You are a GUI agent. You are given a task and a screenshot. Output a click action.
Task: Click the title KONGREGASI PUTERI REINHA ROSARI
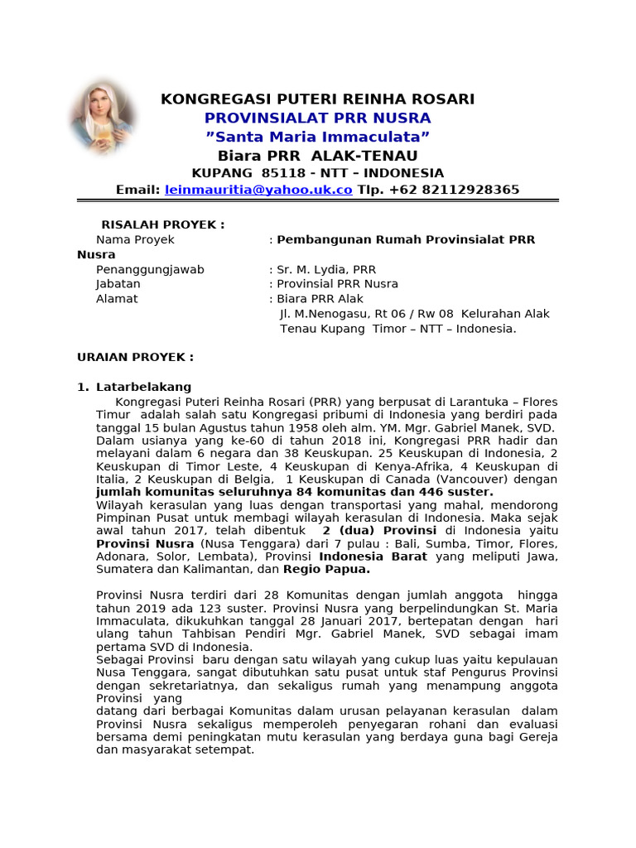point(317,99)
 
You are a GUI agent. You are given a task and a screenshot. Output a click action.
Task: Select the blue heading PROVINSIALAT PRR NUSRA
point(317,118)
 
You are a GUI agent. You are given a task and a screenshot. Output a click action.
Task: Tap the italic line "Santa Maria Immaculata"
point(317,137)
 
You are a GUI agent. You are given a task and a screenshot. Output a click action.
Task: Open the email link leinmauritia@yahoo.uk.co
point(258,190)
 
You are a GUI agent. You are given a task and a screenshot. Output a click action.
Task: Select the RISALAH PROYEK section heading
point(162,224)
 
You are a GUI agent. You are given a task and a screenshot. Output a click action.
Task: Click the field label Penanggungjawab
point(150,269)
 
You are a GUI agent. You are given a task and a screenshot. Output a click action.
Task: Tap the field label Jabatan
point(118,284)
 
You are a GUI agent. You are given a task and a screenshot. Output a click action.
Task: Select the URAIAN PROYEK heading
point(135,357)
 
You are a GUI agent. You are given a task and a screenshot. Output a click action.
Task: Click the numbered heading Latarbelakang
point(143,387)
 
